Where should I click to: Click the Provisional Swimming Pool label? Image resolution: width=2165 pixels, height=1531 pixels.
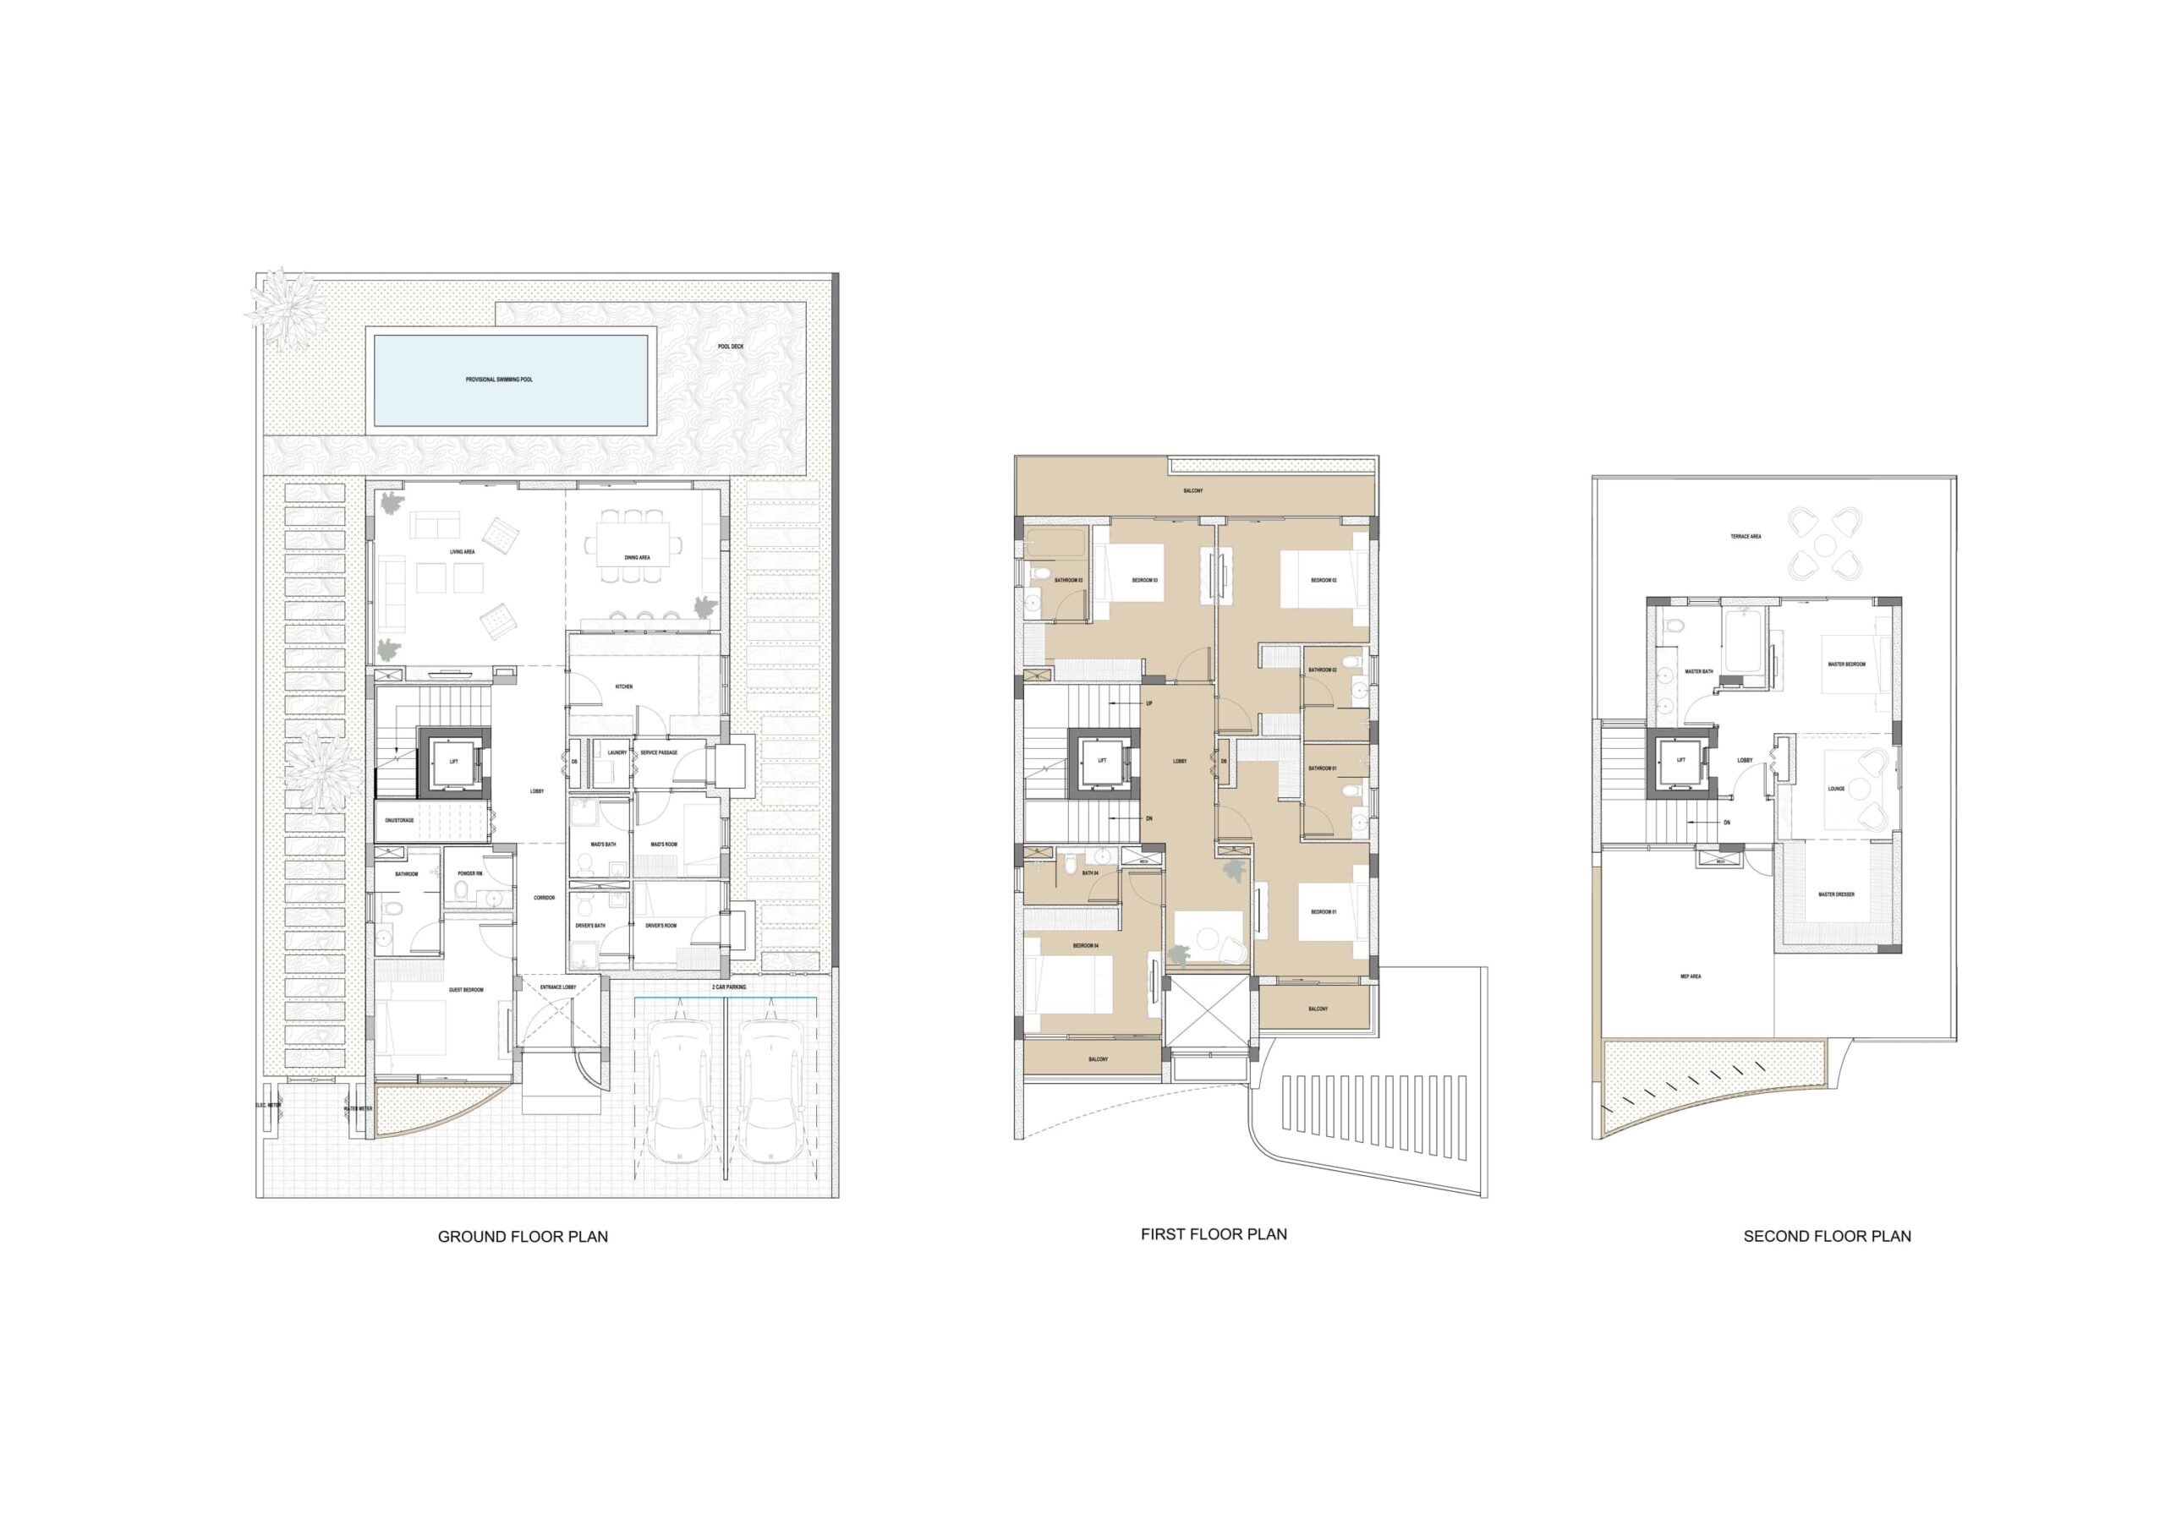499,380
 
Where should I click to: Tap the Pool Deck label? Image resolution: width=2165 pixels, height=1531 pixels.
730,347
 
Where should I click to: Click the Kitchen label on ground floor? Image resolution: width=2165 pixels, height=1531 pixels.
623,687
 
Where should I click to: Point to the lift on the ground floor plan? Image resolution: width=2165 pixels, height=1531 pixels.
453,762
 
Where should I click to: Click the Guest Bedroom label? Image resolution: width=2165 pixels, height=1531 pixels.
466,990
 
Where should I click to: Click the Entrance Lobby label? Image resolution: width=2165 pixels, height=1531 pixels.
557,987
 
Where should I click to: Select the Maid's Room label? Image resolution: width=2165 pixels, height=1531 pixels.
664,845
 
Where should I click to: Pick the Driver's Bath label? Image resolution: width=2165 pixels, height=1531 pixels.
590,926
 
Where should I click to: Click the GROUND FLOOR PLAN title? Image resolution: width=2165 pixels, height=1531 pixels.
523,1237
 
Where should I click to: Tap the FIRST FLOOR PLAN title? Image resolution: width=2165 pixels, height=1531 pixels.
1214,1234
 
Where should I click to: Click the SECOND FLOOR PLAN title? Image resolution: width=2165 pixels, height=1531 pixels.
1827,1237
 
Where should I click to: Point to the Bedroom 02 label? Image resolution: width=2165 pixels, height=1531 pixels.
1323,581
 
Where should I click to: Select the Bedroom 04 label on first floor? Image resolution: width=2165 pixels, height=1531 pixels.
1085,945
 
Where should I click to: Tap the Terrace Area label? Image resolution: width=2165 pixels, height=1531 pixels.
1746,537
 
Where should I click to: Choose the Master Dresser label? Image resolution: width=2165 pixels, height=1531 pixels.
1836,894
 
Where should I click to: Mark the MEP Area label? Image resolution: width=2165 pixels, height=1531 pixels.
1690,976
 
